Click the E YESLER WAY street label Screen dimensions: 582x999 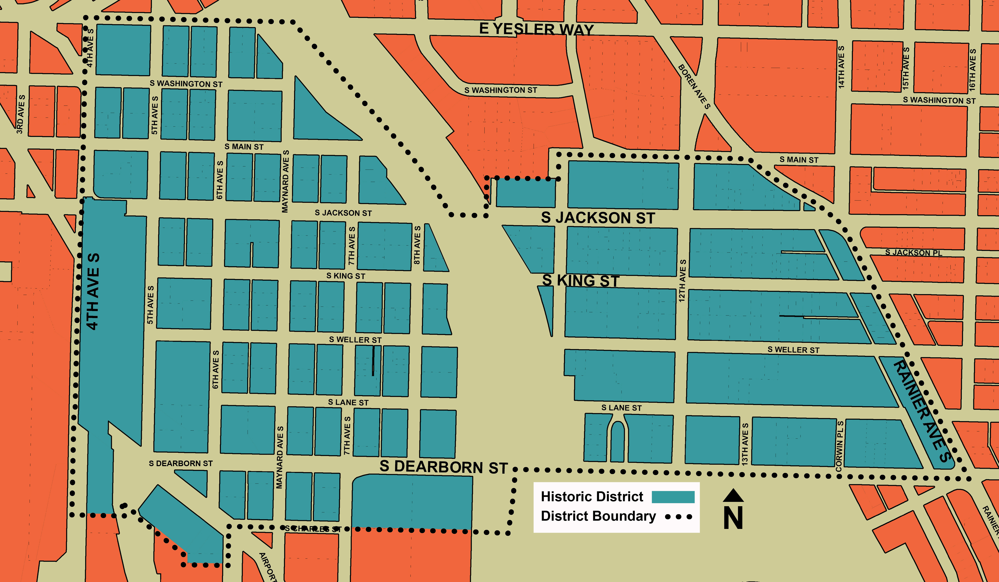(536, 29)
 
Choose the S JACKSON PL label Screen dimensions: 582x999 (913, 252)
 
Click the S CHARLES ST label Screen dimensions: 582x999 (313, 529)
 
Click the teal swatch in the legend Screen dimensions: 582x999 (673, 497)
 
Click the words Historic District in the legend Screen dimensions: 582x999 (592, 496)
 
